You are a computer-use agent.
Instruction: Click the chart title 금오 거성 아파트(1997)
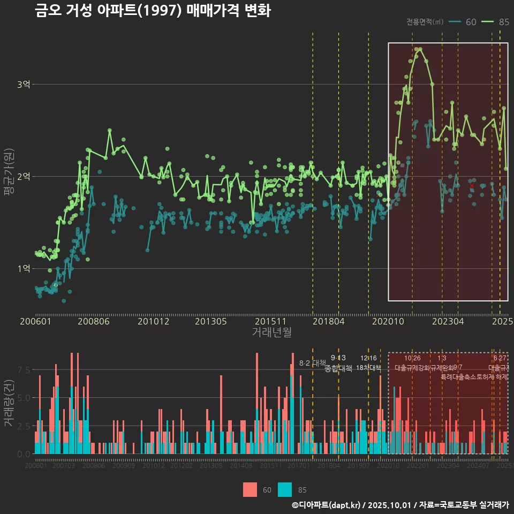[153, 11]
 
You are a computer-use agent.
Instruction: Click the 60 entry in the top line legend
[471, 22]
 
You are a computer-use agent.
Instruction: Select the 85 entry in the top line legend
[503, 22]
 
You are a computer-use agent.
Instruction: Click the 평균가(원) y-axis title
[9, 174]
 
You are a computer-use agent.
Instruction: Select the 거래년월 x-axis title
[271, 332]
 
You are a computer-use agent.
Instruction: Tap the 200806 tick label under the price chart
[94, 321]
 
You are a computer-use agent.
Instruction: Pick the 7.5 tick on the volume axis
[24, 370]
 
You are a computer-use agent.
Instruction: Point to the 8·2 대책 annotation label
[312, 363]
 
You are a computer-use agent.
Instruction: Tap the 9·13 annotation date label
[338, 358]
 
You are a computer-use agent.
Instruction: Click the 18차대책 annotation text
[368, 368]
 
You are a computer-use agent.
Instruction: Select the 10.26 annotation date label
[412, 358]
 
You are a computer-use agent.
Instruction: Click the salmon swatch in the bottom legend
[250, 489]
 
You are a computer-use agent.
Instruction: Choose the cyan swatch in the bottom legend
[285, 489]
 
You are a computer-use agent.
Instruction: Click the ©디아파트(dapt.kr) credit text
[326, 505]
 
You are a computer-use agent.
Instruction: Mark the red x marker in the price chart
[472, 186]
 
